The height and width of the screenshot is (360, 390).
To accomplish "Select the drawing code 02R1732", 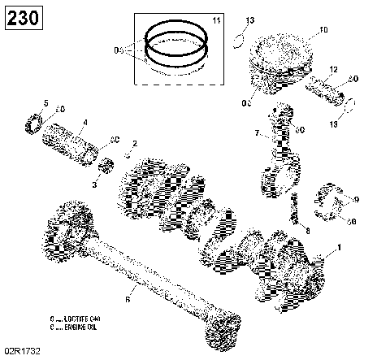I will tap(21, 350).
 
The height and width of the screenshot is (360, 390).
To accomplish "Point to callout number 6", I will tap(127, 300).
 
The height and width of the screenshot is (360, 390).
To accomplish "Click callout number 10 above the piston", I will tap(323, 31).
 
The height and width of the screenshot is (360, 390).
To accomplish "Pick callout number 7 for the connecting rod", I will tap(258, 133).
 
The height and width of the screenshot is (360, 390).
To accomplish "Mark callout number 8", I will tap(307, 230).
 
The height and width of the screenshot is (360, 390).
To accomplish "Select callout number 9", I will tap(354, 197).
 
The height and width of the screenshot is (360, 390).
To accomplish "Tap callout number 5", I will tap(46, 102).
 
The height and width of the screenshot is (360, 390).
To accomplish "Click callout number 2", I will tap(135, 144).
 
